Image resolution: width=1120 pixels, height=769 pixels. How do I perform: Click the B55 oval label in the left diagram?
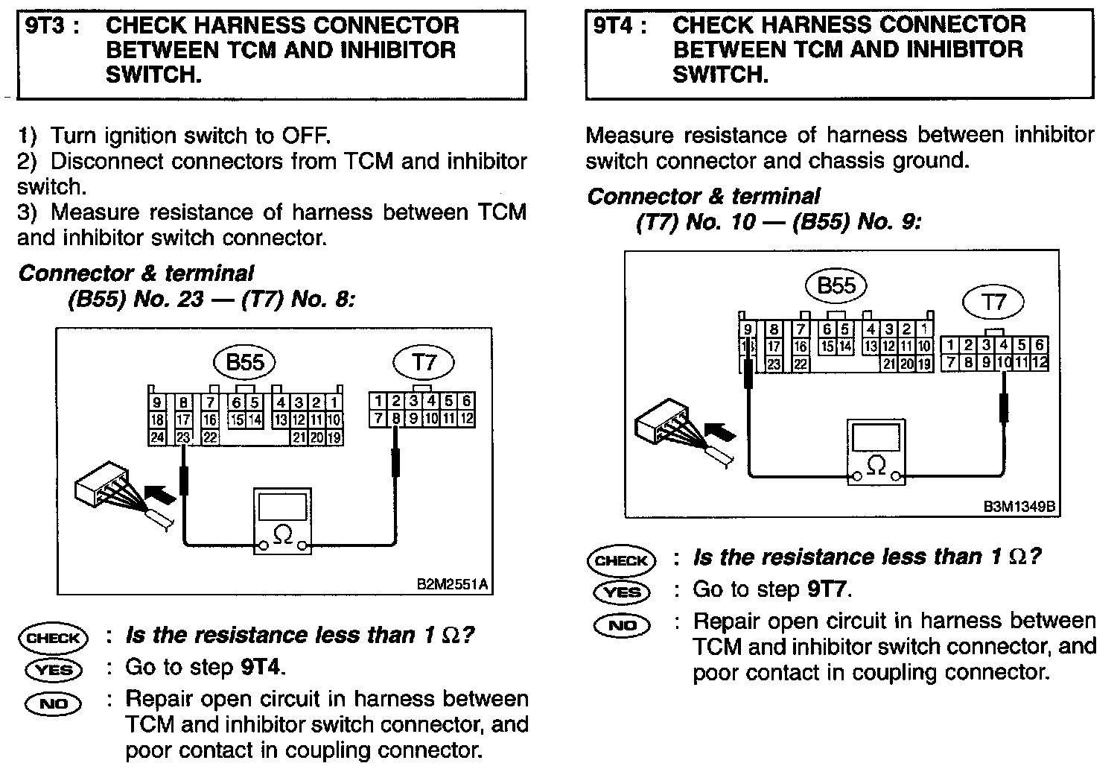coord(245,363)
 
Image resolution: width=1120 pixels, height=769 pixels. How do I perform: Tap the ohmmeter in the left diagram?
coord(282,522)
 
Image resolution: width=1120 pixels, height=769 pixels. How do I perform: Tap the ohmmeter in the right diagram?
coord(877,452)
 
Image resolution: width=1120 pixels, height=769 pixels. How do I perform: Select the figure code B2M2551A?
coord(453,584)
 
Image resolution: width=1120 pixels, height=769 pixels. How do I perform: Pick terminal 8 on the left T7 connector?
coord(395,419)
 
